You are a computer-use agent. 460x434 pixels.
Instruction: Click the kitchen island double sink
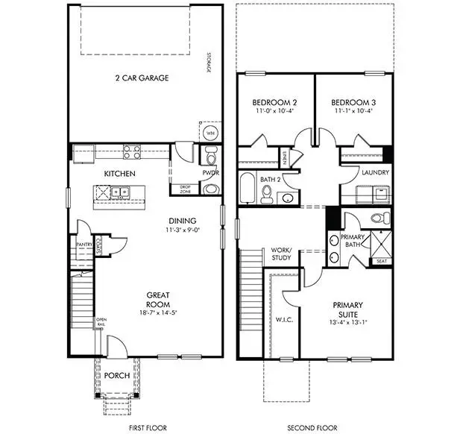click(x=119, y=192)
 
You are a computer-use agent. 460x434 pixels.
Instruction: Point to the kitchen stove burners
click(x=133, y=153)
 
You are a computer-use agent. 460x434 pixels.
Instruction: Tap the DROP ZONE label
click(x=185, y=189)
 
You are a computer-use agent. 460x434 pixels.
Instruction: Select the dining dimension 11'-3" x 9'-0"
click(x=182, y=230)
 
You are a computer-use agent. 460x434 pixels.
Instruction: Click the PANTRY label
click(x=83, y=243)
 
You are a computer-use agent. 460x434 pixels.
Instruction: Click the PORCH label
click(x=116, y=375)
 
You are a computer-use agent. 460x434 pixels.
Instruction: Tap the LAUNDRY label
click(x=372, y=173)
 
